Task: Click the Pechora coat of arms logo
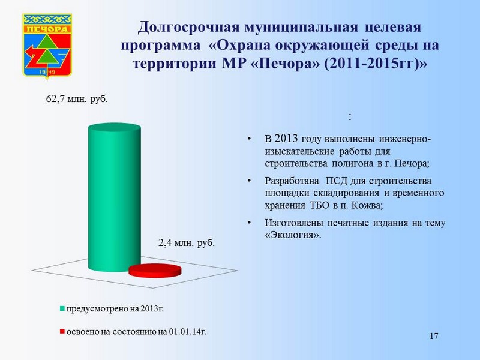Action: (x=47, y=46)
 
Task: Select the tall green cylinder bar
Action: (x=115, y=197)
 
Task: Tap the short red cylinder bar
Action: (x=155, y=271)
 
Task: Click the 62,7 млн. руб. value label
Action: (x=77, y=99)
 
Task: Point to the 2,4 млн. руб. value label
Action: (x=187, y=243)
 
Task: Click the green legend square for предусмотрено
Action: (x=62, y=309)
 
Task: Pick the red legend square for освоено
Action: (x=62, y=332)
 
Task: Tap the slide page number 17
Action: (x=434, y=336)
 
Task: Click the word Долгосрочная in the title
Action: (x=188, y=28)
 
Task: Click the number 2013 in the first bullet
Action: (x=286, y=139)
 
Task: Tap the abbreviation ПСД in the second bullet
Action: (x=337, y=181)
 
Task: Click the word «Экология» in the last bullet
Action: (x=293, y=235)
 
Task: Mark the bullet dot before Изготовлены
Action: (x=250, y=223)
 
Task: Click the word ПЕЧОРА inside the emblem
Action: (x=47, y=29)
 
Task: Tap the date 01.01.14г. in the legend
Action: (x=187, y=332)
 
